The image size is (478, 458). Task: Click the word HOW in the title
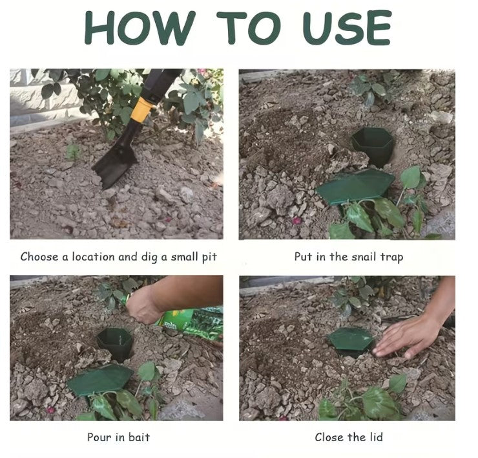140,29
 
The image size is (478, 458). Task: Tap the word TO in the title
249,29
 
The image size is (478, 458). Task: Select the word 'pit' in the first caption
209,257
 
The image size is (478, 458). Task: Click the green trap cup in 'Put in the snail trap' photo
372,145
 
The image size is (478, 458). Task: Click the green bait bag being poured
191,322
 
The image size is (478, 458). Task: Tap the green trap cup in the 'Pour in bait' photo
115,343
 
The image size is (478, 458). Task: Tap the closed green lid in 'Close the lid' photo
350,339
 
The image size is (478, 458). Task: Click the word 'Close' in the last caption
329,437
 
